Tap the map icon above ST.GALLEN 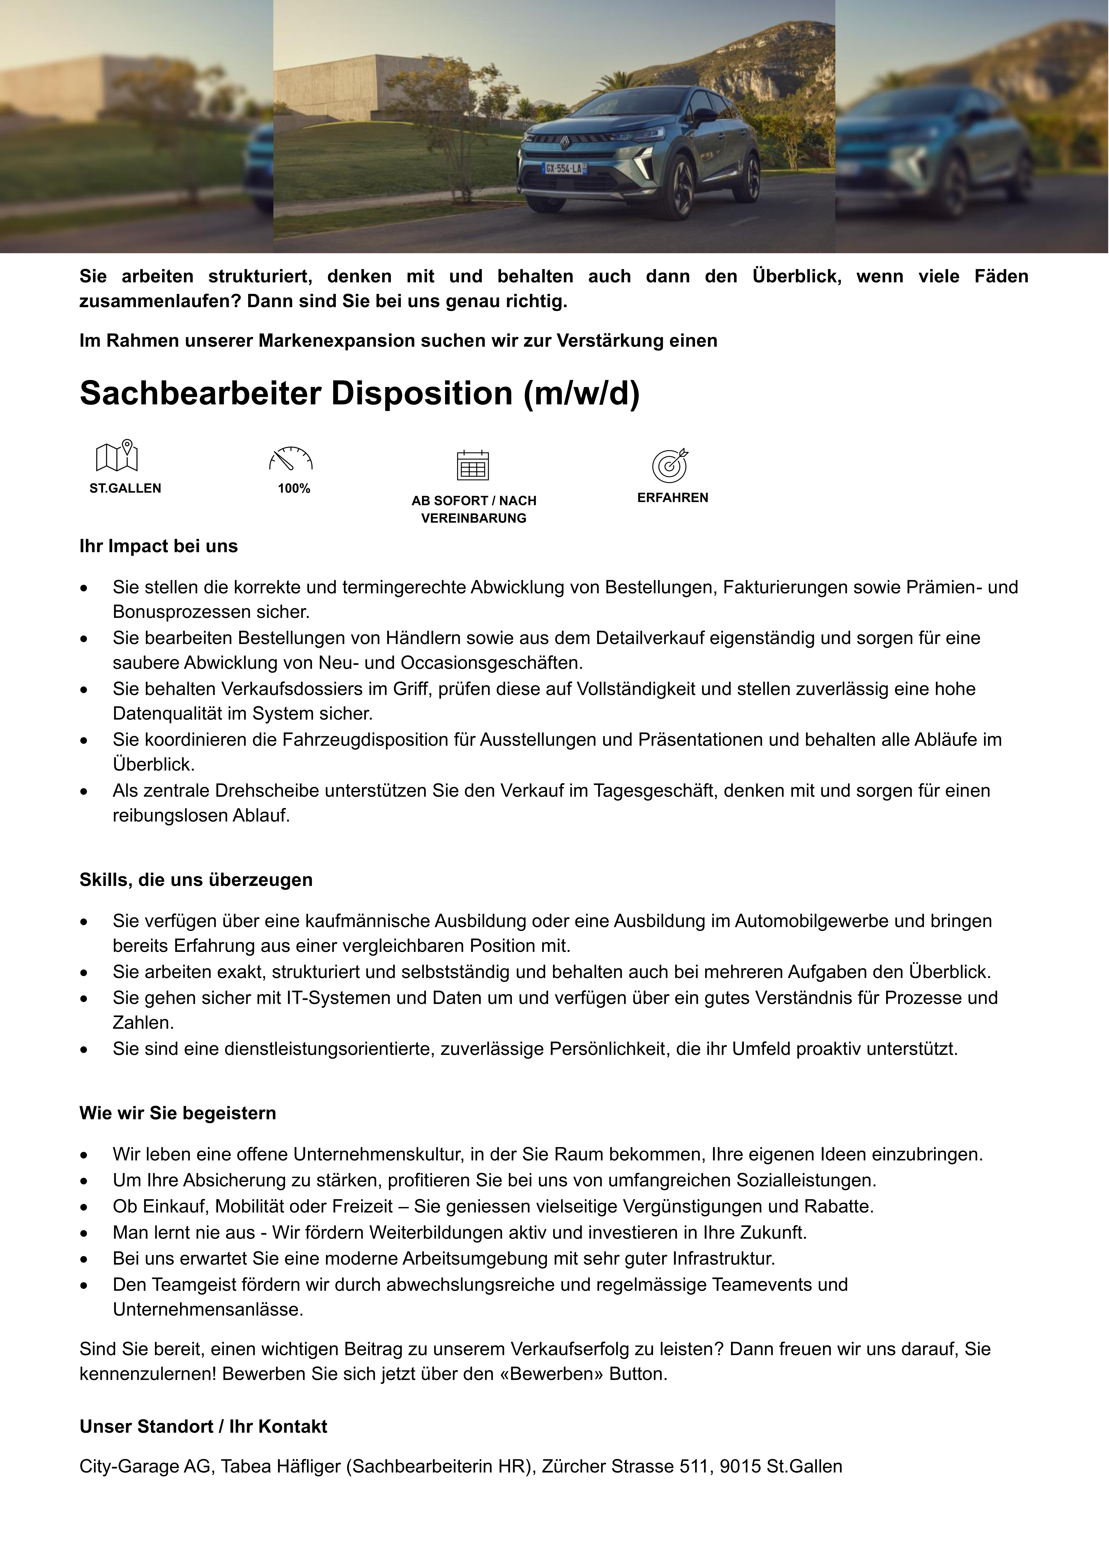117,455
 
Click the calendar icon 473,466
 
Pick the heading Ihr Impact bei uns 159,546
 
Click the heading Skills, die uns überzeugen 196,879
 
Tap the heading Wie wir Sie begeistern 178,1113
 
